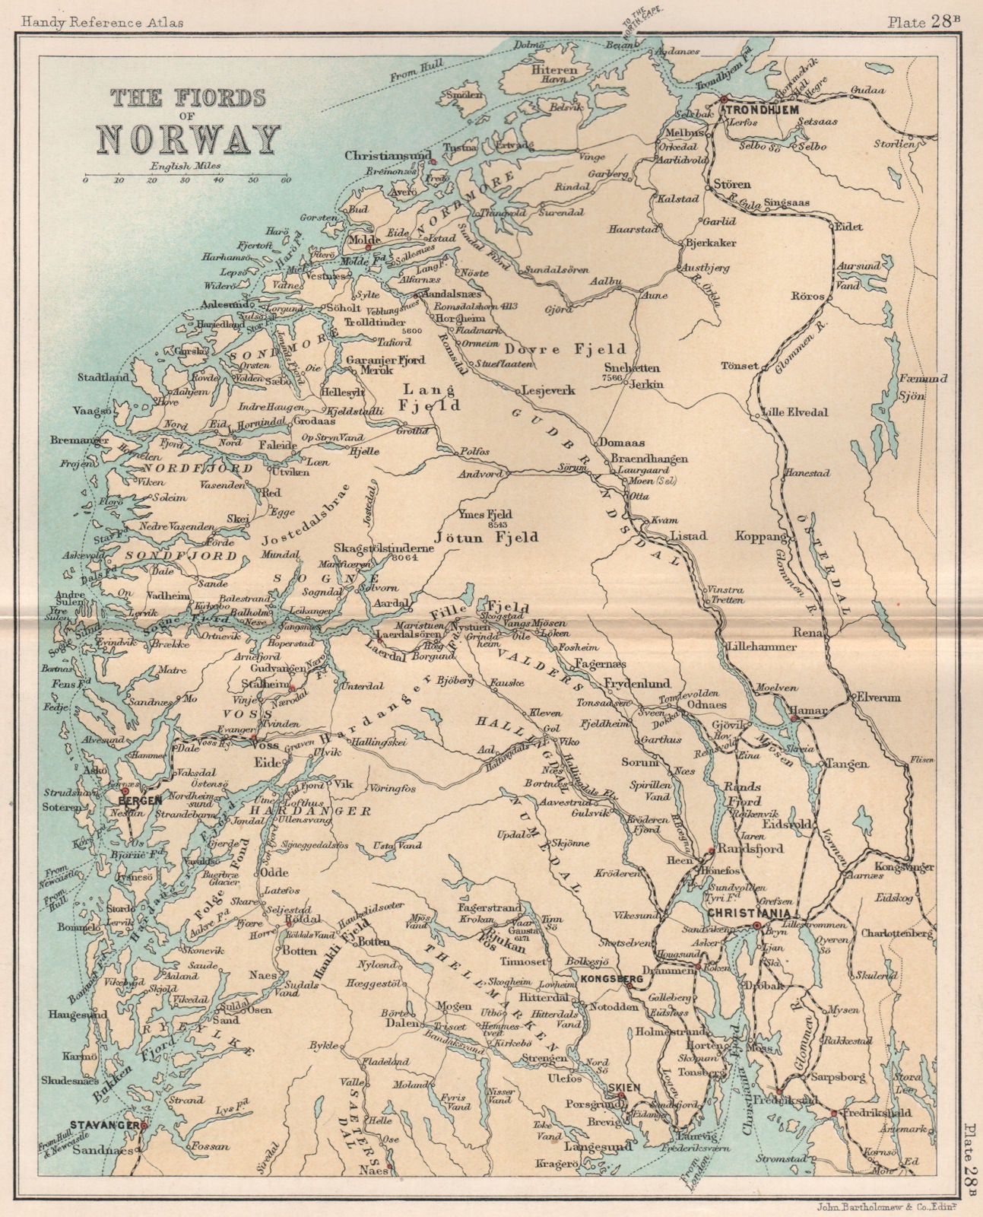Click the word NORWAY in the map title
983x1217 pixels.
[188, 139]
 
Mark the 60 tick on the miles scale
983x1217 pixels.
[286, 180]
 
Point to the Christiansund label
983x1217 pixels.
[383, 154]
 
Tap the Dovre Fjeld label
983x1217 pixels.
[577, 349]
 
